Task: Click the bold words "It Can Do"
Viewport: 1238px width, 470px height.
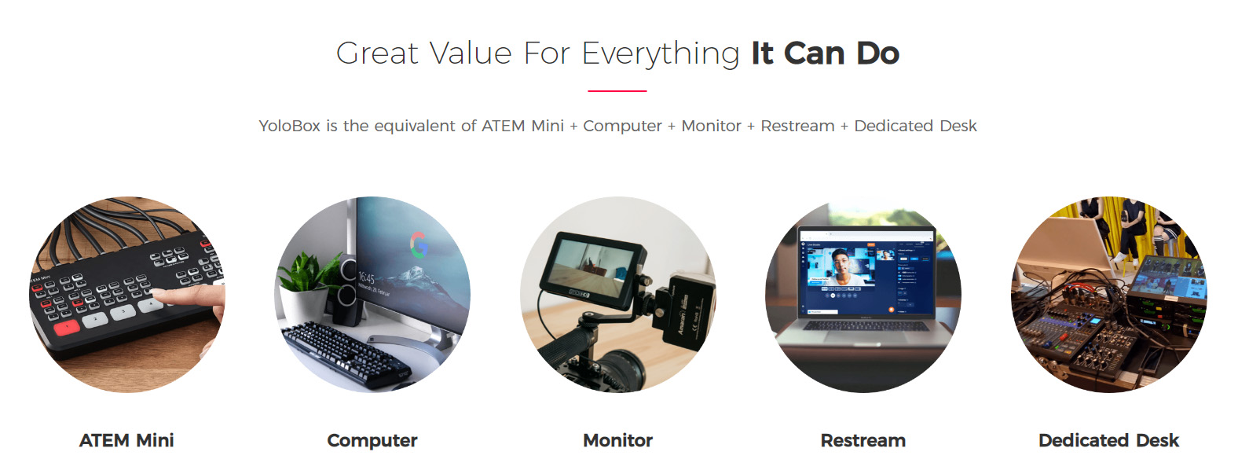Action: click(825, 53)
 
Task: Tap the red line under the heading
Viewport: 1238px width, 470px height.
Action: click(617, 90)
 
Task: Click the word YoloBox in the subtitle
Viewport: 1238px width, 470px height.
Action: click(290, 126)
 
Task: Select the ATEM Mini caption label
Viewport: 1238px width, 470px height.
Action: click(126, 440)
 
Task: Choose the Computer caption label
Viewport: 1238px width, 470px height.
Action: click(372, 441)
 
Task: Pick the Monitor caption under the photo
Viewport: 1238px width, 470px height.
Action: click(618, 440)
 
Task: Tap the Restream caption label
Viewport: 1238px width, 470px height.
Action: click(863, 440)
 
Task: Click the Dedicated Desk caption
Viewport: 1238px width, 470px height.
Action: click(1108, 440)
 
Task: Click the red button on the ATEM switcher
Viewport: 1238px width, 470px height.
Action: click(66, 327)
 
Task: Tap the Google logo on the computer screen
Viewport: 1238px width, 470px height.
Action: click(419, 245)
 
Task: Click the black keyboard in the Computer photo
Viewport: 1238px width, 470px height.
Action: click(346, 354)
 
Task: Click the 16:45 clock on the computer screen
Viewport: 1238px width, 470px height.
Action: click(366, 277)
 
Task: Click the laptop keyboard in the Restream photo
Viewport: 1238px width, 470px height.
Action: click(866, 325)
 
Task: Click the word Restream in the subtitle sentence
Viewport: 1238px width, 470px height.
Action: click(797, 126)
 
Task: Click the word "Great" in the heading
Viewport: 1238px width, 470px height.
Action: click(377, 53)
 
